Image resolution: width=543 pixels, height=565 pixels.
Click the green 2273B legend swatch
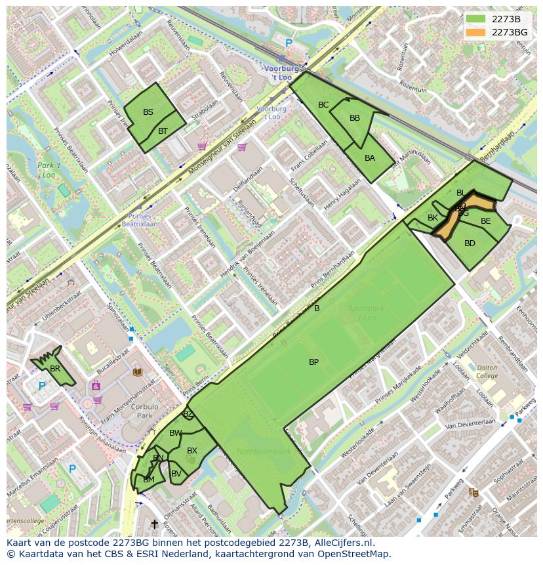pos(475,19)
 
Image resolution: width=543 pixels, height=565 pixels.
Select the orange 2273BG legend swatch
pos(475,32)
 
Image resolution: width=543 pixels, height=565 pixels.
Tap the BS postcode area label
pos(148,112)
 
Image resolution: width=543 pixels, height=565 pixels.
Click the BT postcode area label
pos(163,131)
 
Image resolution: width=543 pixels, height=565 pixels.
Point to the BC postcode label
pos(323,105)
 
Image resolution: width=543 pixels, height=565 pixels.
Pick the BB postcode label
pos(355,118)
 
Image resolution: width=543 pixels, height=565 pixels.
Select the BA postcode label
pos(370,158)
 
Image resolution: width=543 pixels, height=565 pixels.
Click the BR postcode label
pos(55,369)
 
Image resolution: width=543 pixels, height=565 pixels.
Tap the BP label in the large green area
pos(313,362)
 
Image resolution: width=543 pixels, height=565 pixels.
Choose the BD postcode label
pos(470,243)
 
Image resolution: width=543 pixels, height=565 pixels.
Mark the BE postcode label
pos(485,221)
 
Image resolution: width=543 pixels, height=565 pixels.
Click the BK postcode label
pos(433,218)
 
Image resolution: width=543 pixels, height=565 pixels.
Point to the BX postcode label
pos(192,451)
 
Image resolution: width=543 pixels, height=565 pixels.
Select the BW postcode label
pos(175,433)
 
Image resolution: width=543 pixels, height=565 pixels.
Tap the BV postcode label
pos(176,474)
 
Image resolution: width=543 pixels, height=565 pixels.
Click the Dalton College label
pos(487,372)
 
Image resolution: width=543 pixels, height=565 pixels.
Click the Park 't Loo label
pos(48,171)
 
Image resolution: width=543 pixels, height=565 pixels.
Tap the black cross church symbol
pos(155,524)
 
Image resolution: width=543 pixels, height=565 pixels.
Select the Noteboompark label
pos(254,452)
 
